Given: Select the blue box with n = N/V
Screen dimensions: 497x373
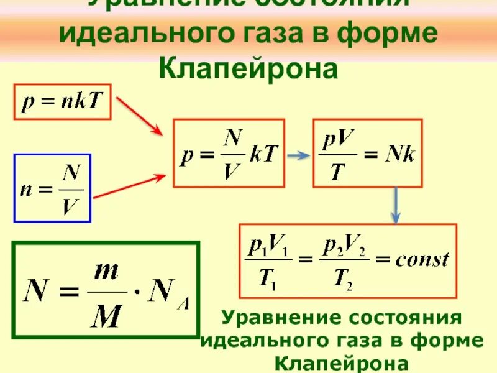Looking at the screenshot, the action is pos(52,188).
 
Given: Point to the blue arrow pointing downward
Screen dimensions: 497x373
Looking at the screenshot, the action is pos(394,205).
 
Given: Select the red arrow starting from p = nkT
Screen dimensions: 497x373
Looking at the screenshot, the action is pos(140,116).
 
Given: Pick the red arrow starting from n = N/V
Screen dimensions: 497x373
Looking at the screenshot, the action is pos(130,187).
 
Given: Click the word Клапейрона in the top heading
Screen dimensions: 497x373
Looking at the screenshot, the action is pos(248,68).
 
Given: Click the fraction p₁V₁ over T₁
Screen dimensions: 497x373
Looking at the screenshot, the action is pos(268,261).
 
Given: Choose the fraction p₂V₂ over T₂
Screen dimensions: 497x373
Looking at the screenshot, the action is pos(344,261).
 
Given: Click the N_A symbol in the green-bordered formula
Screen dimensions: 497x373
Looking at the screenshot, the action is pos(172,290).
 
